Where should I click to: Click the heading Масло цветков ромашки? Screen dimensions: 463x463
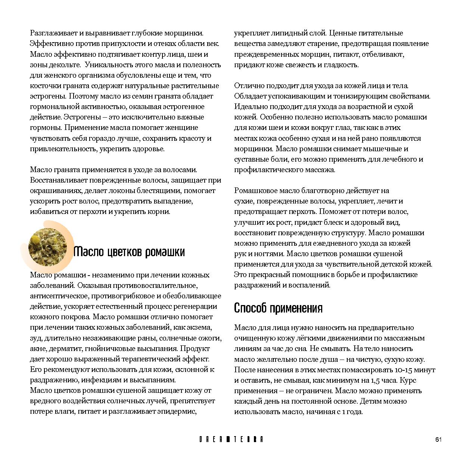129,252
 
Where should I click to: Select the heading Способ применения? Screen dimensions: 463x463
278,308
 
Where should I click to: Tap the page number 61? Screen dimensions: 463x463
438,439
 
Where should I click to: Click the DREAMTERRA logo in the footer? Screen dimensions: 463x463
231,439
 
